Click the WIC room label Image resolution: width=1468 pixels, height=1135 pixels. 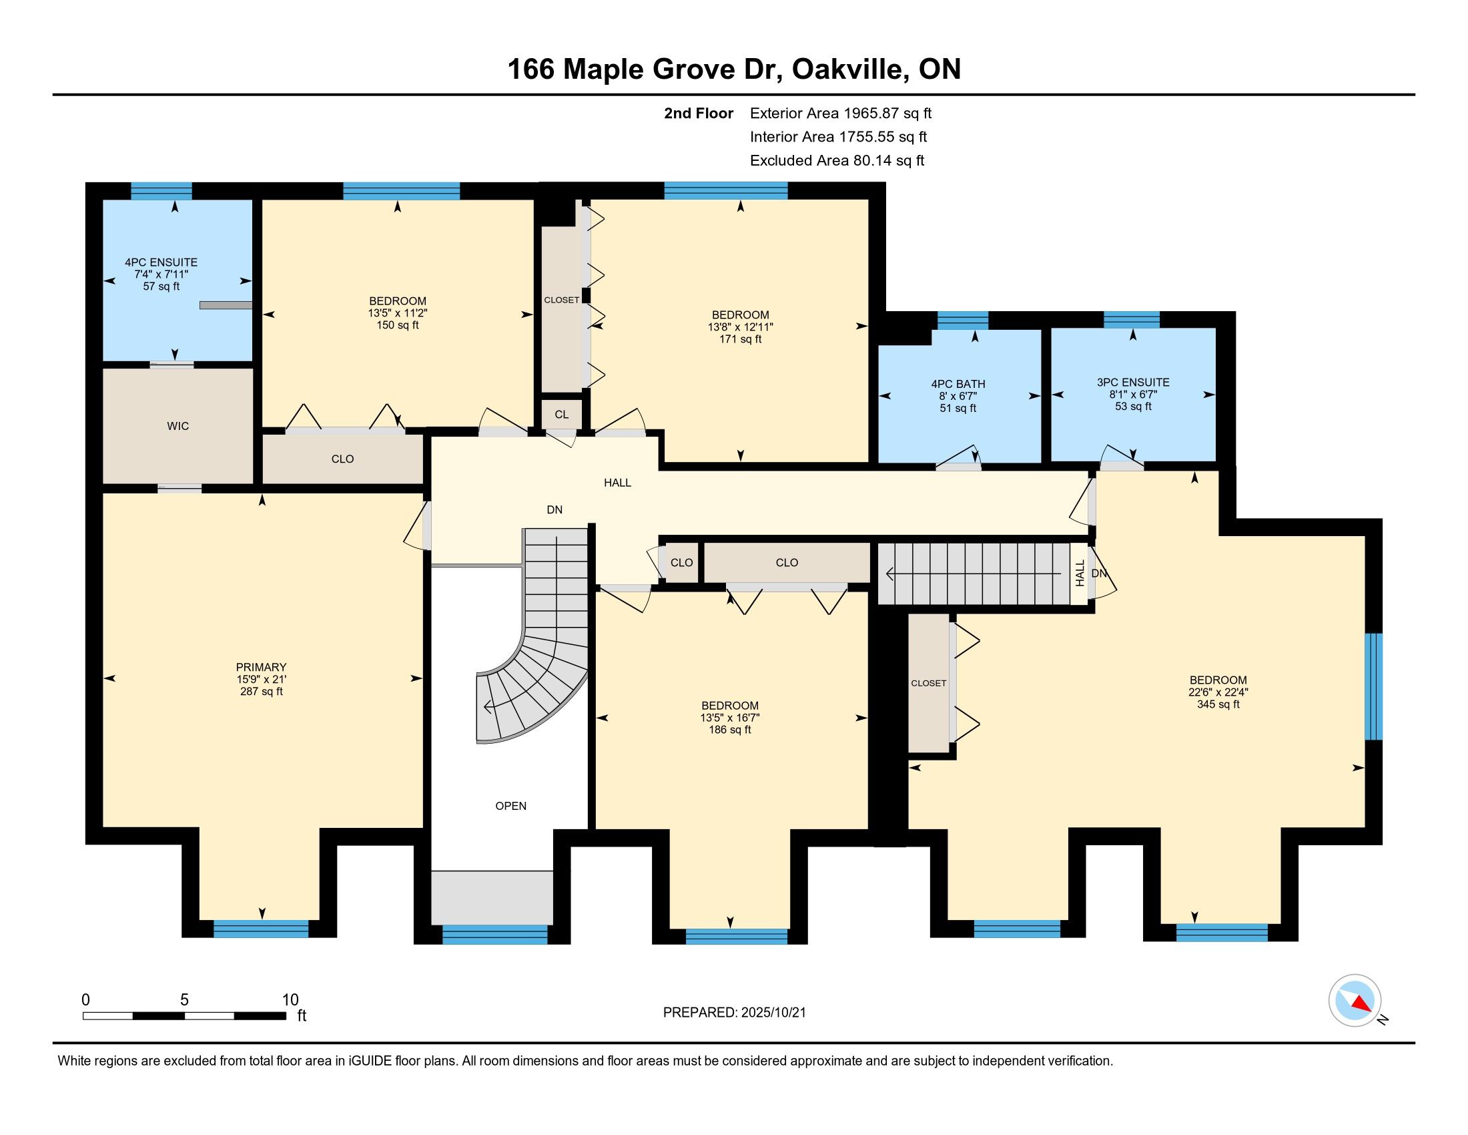point(178,427)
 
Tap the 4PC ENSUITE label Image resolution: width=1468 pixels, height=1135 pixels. point(161,262)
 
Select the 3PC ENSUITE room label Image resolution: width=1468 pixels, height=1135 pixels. point(1133,383)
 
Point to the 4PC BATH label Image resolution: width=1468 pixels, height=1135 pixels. point(958,385)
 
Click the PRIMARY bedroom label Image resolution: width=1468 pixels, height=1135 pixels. point(262,667)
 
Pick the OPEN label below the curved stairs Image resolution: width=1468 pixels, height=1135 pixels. point(511,807)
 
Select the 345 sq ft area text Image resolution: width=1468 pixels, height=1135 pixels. point(1218,704)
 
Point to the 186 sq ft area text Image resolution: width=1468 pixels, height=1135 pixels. point(730,730)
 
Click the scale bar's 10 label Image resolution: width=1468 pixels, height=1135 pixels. point(290,999)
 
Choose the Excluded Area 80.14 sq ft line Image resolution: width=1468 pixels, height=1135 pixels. point(837,161)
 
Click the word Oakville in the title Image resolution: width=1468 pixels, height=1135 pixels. point(847,69)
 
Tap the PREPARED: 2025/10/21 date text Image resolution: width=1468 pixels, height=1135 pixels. point(734,1013)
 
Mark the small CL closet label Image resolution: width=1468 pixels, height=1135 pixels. point(562,415)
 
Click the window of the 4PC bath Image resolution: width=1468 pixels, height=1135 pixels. point(962,320)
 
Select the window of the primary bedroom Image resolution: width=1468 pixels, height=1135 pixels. point(261,929)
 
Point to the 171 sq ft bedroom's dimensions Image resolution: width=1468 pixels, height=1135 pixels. point(741,327)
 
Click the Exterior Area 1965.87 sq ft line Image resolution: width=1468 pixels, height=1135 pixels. point(841,113)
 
